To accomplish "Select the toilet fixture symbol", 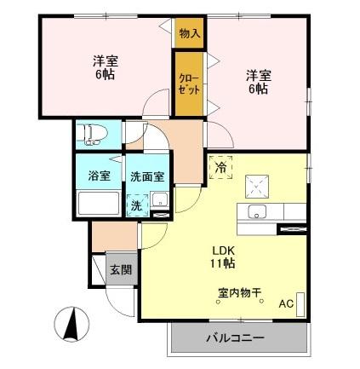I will coord(90,134).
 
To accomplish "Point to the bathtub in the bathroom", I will coord(99,205).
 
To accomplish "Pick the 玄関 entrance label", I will coord(120,271).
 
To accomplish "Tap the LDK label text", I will coord(224,250).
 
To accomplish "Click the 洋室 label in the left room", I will coord(105,61).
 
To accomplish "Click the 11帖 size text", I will coord(224,263).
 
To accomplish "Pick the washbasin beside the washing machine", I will coord(157,203).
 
